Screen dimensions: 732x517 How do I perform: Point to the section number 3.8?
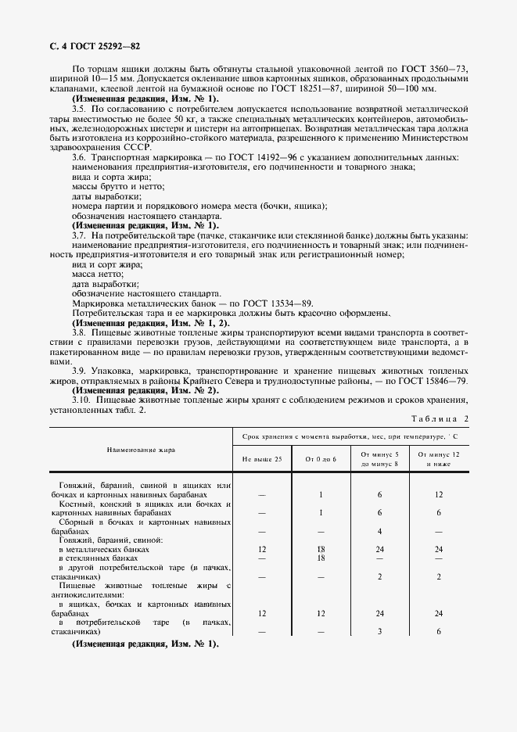[x=78, y=332]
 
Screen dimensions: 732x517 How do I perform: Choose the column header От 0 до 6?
[x=321, y=459]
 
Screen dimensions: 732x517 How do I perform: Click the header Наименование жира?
[x=141, y=450]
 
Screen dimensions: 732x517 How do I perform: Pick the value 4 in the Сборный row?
[x=379, y=531]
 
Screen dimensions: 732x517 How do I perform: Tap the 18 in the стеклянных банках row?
[x=321, y=558]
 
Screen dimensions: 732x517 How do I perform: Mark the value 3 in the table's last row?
[x=379, y=631]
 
